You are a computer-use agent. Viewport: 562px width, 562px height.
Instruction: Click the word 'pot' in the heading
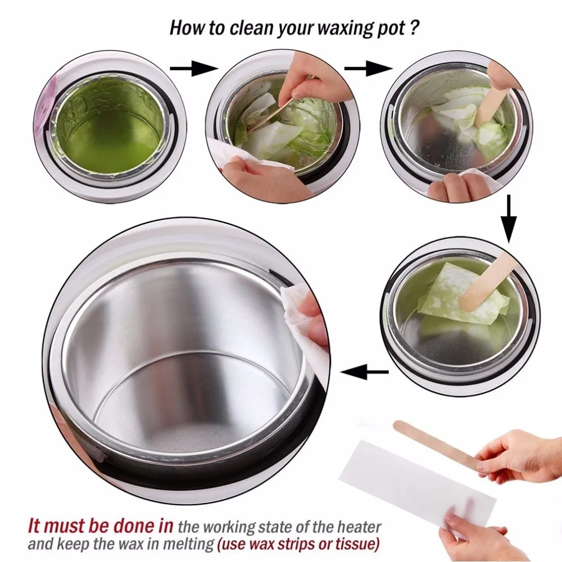click(391, 29)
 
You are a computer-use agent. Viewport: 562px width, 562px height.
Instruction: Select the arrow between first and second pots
click(193, 69)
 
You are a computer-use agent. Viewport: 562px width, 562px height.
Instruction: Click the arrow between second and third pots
click(368, 69)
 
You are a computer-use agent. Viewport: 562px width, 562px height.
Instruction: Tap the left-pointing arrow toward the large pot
click(365, 371)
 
